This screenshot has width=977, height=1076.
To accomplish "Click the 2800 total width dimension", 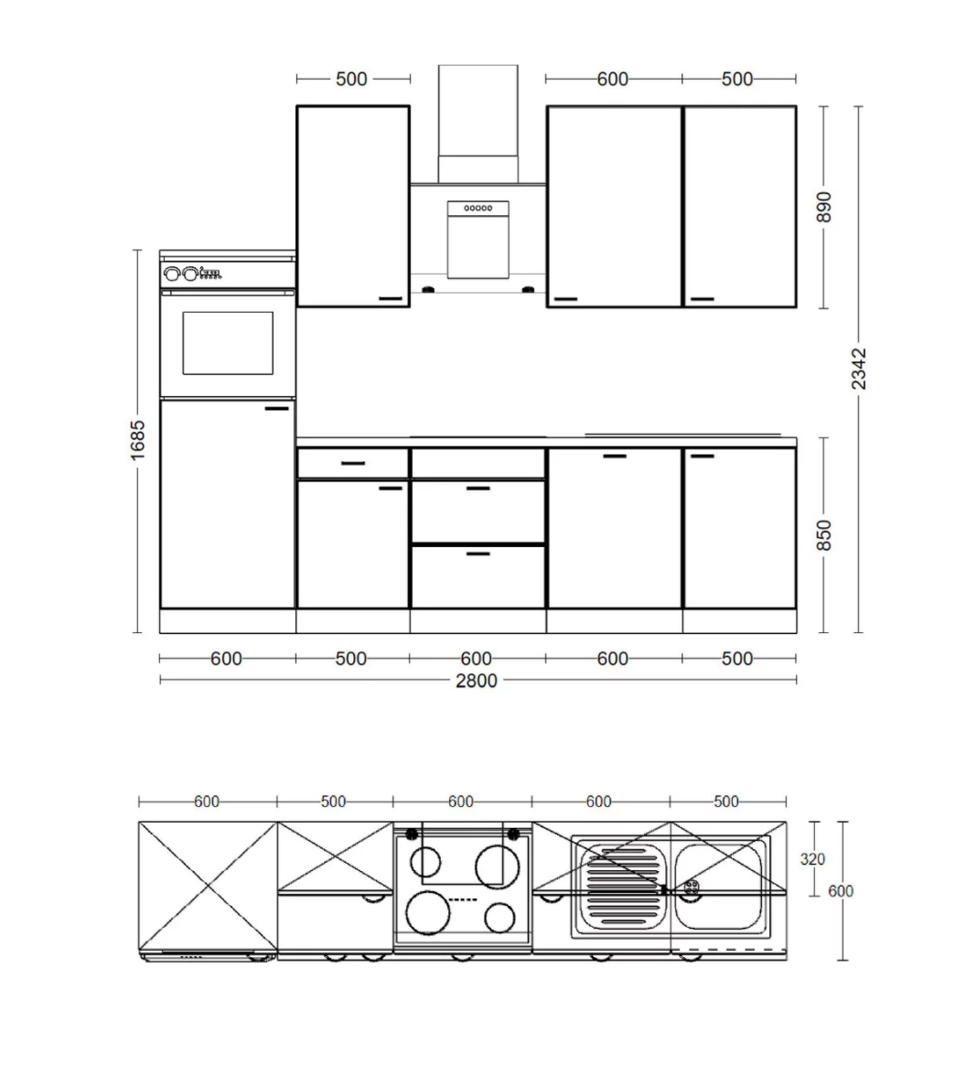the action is (476, 681).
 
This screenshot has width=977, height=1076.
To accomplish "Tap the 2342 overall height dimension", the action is (859, 370).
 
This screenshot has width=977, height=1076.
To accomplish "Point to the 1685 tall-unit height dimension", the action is (138, 440).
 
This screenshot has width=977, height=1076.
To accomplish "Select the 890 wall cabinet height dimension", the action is (824, 207).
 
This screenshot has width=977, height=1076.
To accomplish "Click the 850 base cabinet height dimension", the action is (824, 535).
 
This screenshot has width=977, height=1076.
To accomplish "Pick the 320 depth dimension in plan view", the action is (812, 858).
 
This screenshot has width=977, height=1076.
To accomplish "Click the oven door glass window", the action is (228, 343).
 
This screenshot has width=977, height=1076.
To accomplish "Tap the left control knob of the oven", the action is (172, 274).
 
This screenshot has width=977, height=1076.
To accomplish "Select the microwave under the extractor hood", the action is (478, 240).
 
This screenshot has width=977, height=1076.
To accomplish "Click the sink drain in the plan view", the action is (692, 887).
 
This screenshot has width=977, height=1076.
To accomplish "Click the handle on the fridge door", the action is (276, 408).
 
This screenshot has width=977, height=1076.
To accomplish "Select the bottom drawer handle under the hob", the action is (478, 553).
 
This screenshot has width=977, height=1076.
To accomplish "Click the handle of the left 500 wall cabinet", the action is (392, 298).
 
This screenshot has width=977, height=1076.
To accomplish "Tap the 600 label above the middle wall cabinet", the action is (612, 79).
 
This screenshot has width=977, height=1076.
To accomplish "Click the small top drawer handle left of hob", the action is (353, 463).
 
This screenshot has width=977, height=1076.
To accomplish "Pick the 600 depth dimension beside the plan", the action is (842, 891).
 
